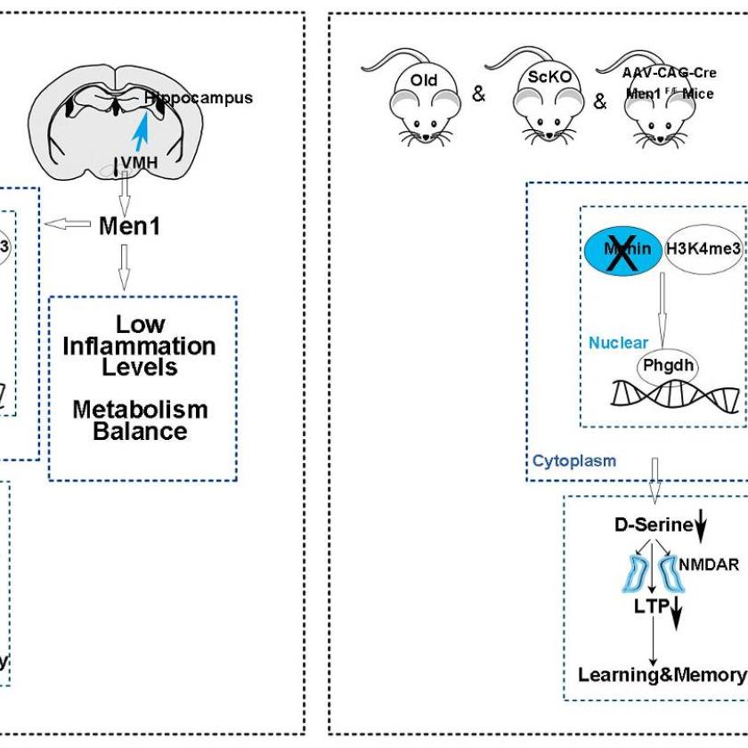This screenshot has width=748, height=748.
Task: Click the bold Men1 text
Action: tap(130, 226)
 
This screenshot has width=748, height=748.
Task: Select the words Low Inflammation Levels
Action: tap(139, 346)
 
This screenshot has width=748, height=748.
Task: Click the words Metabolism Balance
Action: tap(140, 420)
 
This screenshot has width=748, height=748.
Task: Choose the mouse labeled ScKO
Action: tap(541, 98)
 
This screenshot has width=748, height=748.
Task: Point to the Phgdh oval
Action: tap(668, 365)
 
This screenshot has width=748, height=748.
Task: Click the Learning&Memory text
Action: tap(660, 674)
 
